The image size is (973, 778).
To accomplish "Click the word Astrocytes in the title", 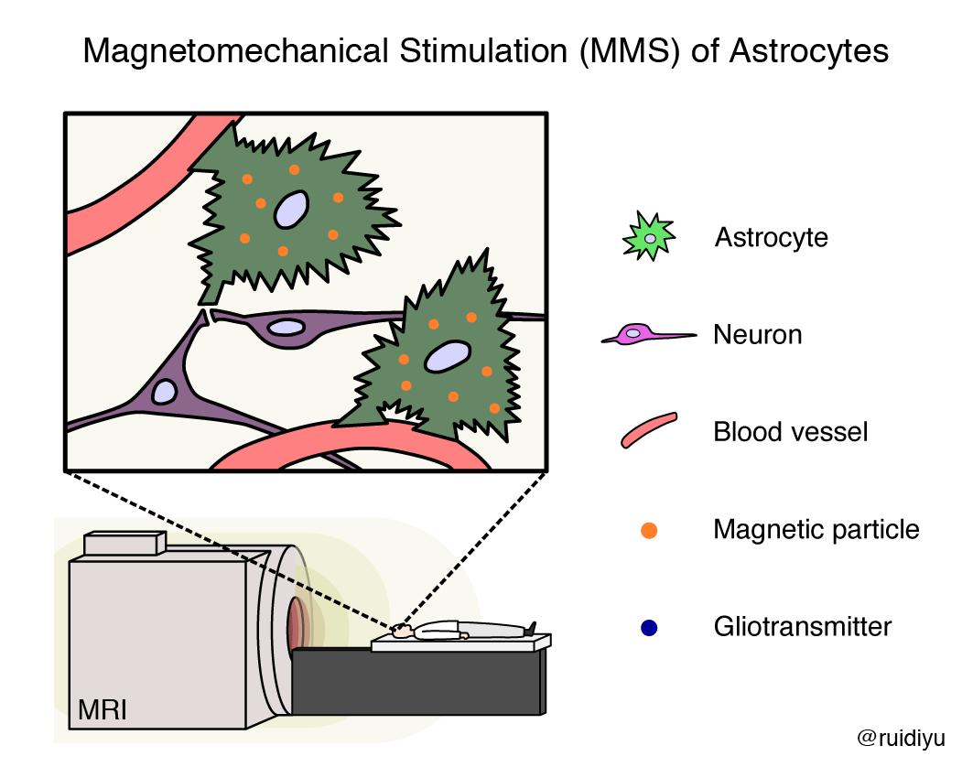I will click(808, 51).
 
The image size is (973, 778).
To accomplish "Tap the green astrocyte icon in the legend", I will click(648, 238).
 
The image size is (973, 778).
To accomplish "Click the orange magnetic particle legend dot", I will click(649, 530).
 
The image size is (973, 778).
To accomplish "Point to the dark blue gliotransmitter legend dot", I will click(649, 628).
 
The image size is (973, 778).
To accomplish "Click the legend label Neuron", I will click(757, 335).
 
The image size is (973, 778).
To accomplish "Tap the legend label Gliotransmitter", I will click(802, 628).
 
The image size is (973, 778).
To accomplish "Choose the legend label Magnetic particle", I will click(816, 530).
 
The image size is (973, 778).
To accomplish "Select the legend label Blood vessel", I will click(790, 431).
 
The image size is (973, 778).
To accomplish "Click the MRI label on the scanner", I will click(102, 709).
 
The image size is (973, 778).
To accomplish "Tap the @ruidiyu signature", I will click(901, 738).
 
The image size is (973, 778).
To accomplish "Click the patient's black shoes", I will click(530, 628).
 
